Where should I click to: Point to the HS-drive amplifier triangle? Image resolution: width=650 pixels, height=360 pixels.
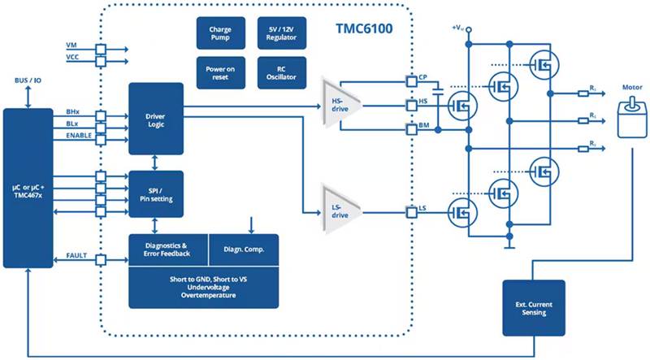pos(340,103)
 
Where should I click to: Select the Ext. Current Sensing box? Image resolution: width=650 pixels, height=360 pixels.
pos(534,307)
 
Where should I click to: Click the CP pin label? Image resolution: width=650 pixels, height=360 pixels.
pos(423,77)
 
